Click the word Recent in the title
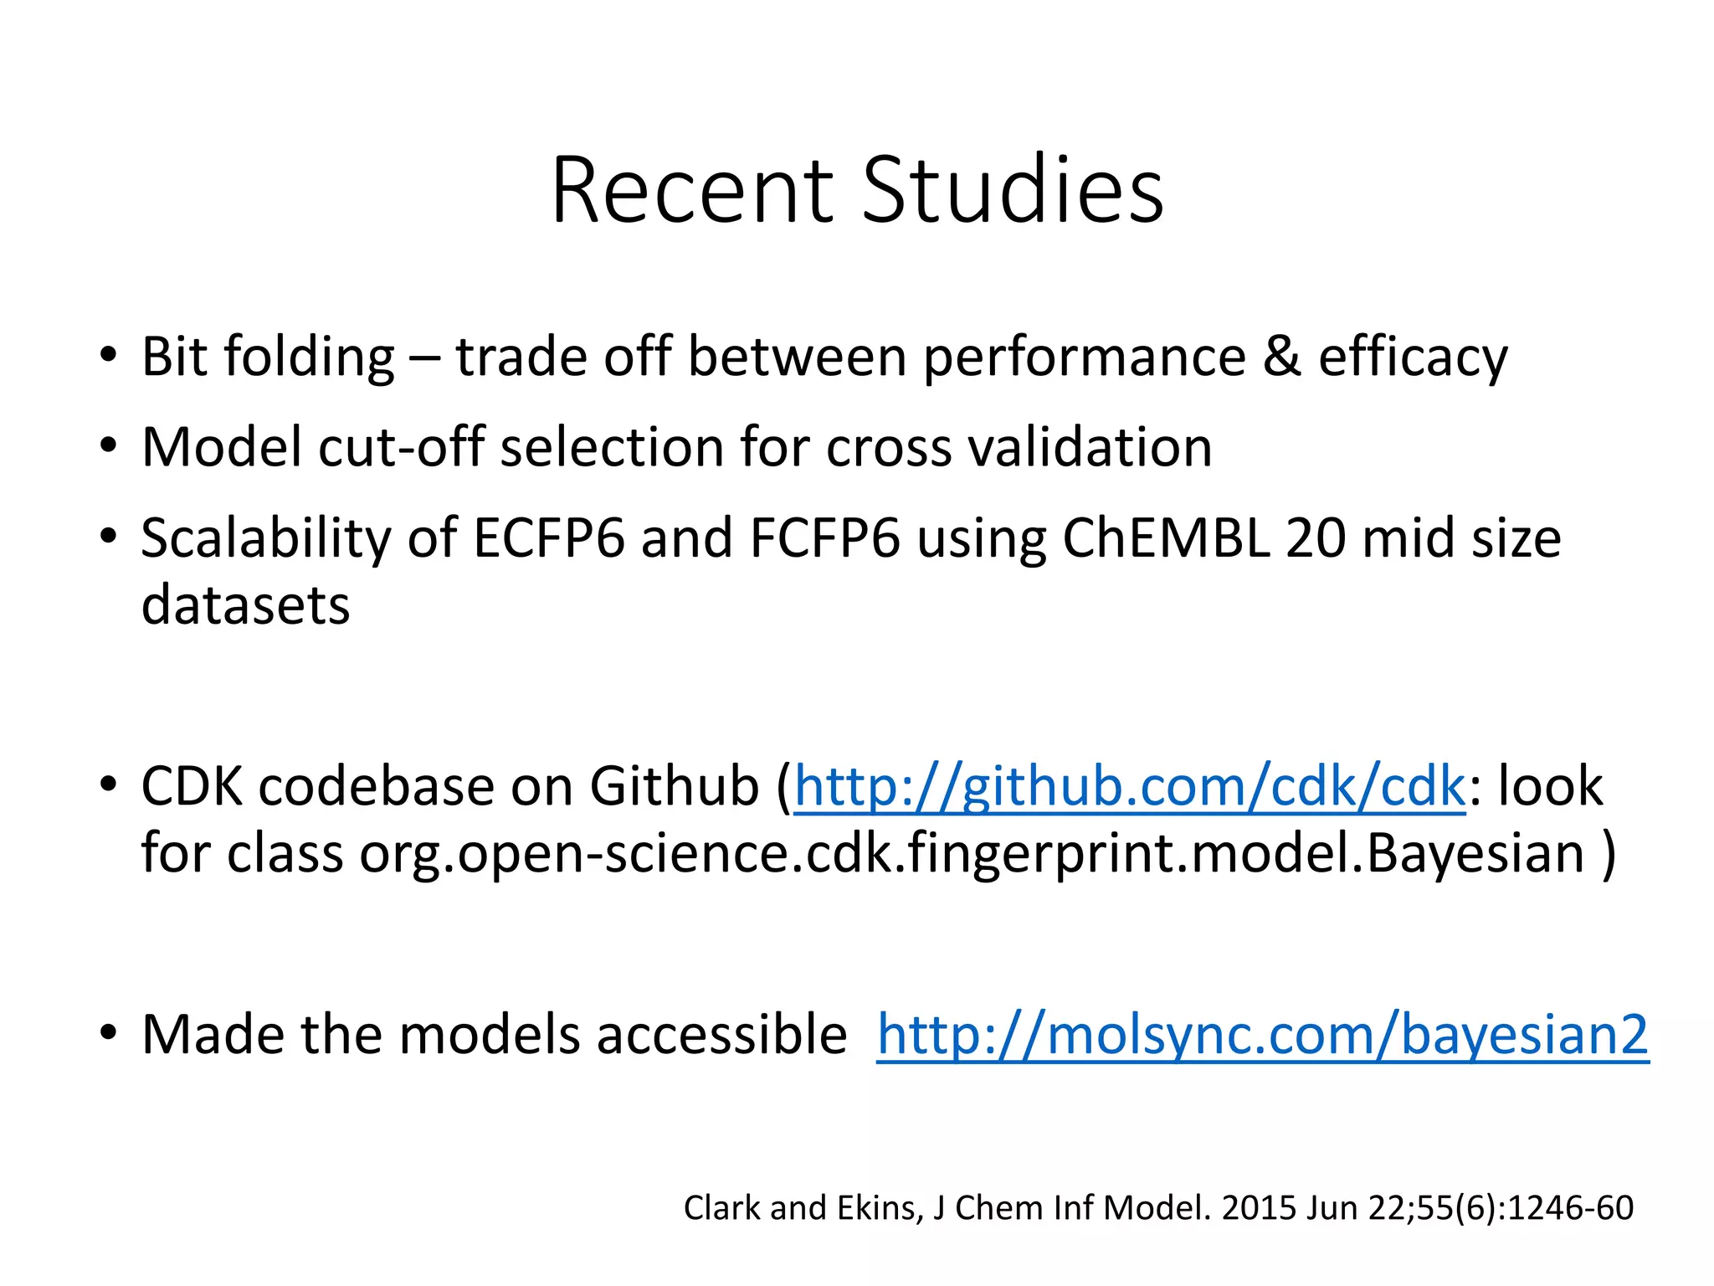click(x=691, y=191)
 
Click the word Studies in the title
click(x=1013, y=191)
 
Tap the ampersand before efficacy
click(x=1281, y=356)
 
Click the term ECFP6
click(x=548, y=538)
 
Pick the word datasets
click(x=245, y=604)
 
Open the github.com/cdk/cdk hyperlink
click(x=1130, y=787)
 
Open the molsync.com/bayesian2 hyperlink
click(x=1262, y=1035)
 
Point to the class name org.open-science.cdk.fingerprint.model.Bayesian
click(x=972, y=853)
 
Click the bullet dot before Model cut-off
click(x=107, y=446)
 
